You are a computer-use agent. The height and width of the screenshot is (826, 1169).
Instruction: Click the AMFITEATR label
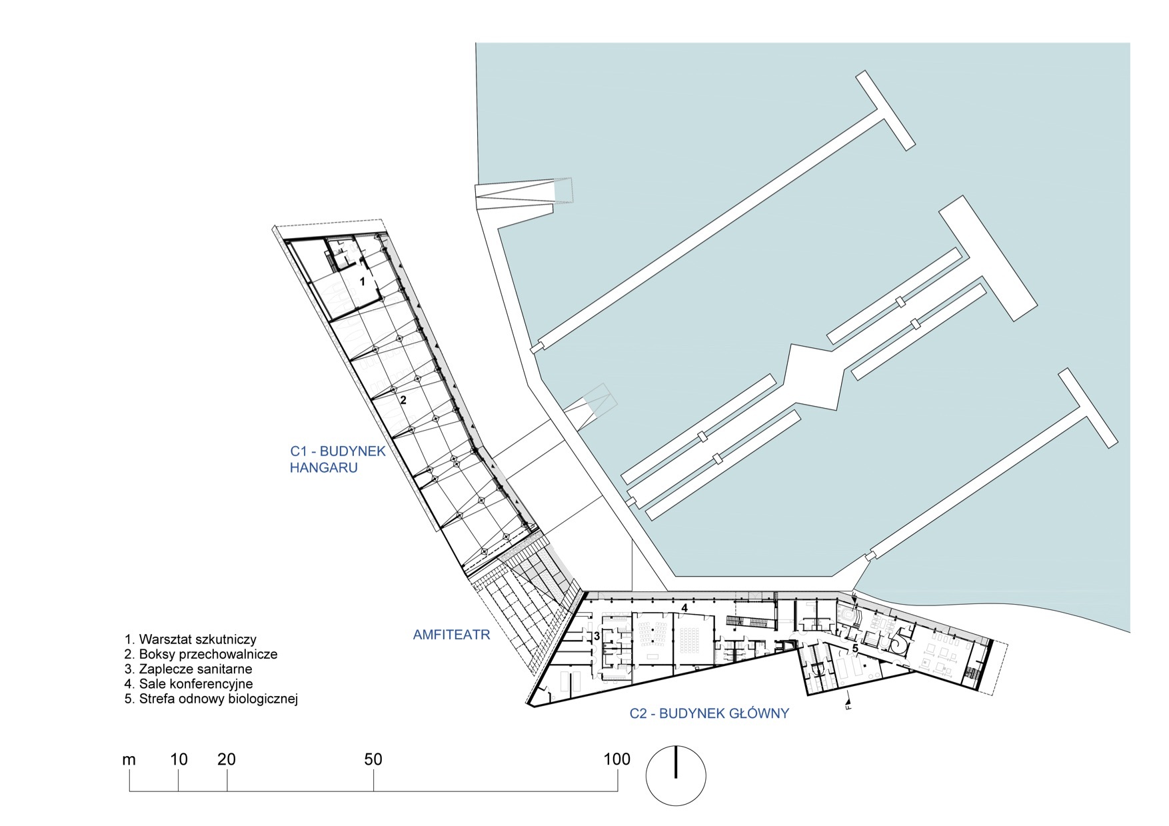tap(451, 635)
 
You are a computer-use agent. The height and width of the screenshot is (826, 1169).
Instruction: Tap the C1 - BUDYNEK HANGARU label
tap(337, 459)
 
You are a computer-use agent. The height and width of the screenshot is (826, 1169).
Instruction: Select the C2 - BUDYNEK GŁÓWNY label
tap(709, 713)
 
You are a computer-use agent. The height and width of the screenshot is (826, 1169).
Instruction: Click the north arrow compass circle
tap(676, 776)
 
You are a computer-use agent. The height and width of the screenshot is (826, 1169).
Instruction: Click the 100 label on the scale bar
tap(616, 759)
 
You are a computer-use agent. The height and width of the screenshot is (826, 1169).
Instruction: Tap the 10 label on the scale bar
tap(179, 759)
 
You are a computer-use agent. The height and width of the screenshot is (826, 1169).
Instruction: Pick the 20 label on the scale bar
tap(227, 759)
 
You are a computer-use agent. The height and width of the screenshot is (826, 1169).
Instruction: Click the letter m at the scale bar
tap(129, 760)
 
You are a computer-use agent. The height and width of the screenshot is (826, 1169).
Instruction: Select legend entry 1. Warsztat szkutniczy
tap(190, 640)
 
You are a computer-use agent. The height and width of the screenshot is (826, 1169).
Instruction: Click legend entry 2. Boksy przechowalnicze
tap(201, 655)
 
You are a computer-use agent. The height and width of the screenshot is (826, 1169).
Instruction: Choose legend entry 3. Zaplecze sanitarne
tap(188, 669)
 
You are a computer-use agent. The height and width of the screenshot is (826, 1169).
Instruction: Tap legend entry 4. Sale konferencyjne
tap(189, 684)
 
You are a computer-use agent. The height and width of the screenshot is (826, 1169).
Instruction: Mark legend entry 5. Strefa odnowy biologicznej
tap(211, 699)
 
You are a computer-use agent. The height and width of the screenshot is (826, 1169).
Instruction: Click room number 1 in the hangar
tap(363, 281)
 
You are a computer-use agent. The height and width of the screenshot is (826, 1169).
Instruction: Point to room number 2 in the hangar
tap(403, 401)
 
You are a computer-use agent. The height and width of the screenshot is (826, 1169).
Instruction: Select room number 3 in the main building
tap(596, 637)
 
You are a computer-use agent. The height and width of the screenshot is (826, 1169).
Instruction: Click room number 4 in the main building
tap(684, 607)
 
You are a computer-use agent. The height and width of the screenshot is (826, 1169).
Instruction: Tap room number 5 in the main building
tap(855, 647)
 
